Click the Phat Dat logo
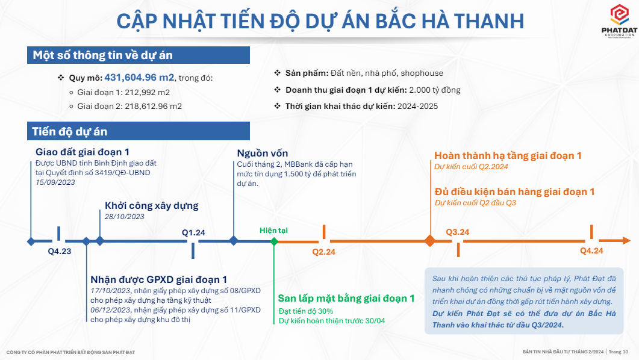pos(619,21)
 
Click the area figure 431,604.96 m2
pos(139,78)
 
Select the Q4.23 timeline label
pos(60,251)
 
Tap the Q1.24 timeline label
pos(193,232)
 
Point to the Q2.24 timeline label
pos(323,252)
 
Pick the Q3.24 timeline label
pos(457,232)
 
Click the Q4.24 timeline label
pos(591,251)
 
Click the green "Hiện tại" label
pos(273,231)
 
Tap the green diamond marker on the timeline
pos(274,241)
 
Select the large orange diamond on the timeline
pos(430,241)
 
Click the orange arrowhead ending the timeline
pos(626,241)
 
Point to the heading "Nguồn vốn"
pos(263,154)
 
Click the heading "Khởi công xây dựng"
pos(152,206)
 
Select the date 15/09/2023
pos(55,182)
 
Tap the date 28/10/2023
pos(124,217)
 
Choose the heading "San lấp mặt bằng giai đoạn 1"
pos(346,299)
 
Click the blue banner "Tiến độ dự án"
pos(139,131)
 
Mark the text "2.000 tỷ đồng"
pos(435,90)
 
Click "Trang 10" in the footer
pos(619,352)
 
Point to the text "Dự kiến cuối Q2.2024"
pos(471,167)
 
